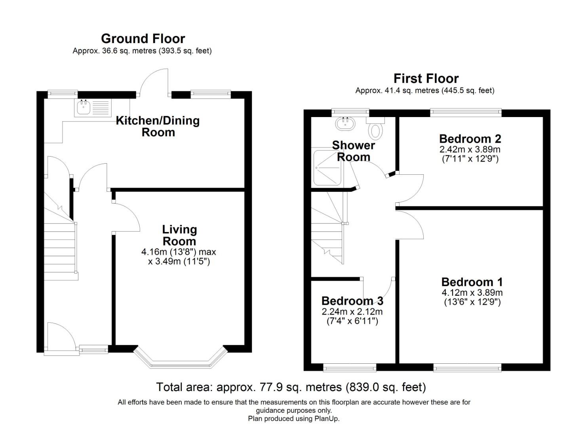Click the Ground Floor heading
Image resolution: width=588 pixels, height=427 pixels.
click(143, 39)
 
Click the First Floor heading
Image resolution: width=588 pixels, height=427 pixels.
click(426, 78)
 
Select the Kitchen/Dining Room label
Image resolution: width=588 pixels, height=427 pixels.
click(158, 126)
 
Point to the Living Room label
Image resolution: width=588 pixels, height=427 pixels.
click(179, 235)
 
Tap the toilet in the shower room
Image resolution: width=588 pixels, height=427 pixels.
click(375, 129)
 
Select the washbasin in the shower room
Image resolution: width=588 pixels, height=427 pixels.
click(344, 123)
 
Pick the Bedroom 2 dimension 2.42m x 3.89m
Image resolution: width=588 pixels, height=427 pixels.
click(470, 149)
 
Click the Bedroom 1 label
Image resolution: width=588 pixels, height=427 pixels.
click(472, 282)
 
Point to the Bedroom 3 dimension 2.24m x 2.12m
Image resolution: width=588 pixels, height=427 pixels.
click(352, 312)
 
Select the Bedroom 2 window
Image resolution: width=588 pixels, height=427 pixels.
click(466, 113)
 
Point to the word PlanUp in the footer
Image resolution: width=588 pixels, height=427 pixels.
click(326, 419)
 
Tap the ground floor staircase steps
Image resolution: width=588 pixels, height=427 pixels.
click(59, 249)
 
